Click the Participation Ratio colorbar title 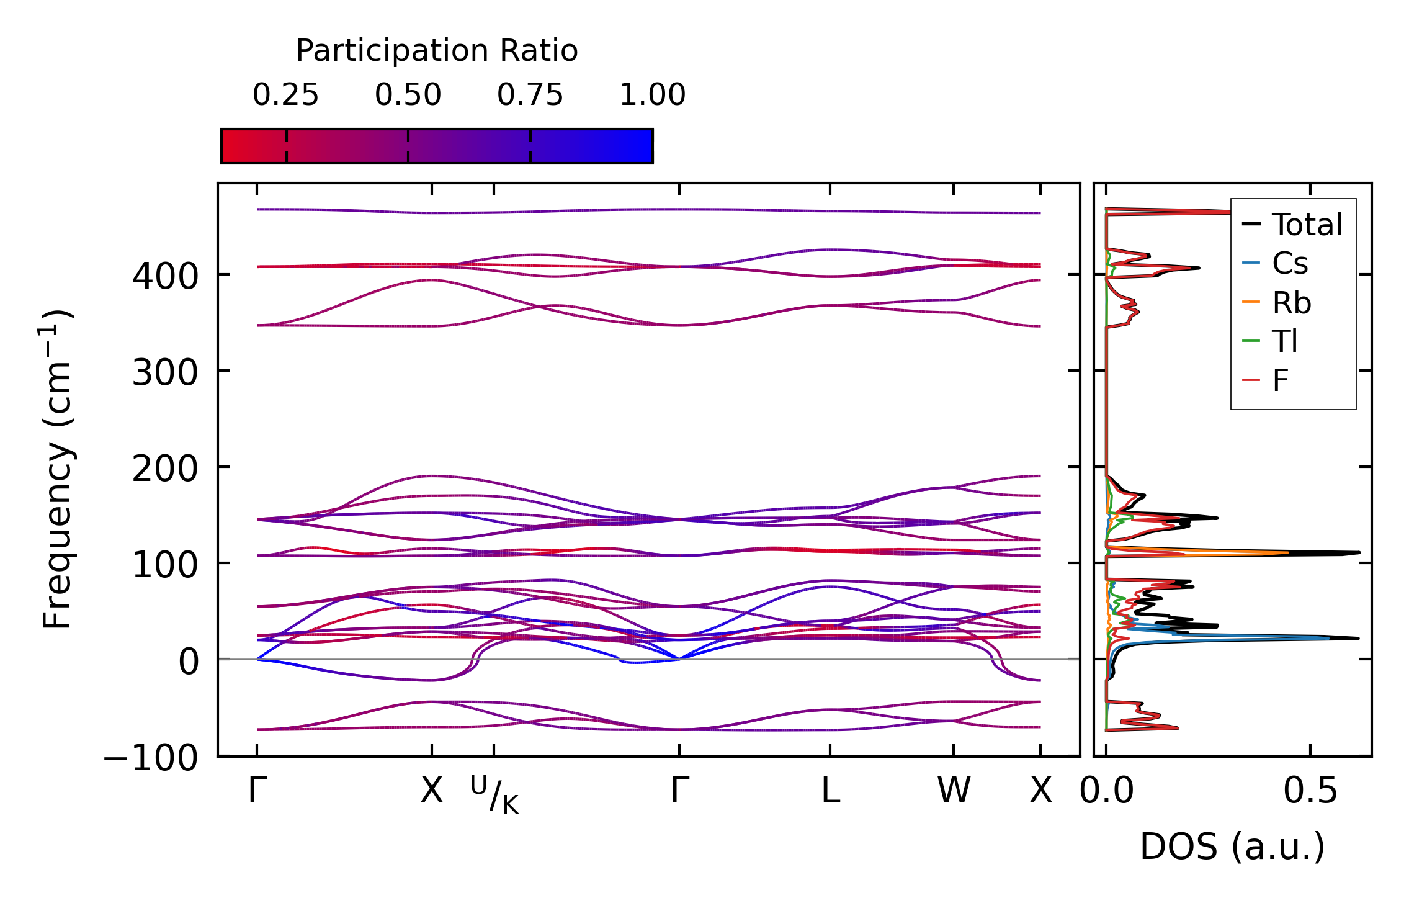tap(436, 51)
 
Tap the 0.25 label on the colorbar tap(285, 95)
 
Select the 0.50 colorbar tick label tap(408, 95)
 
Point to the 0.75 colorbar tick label tap(530, 95)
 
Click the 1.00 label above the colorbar tap(652, 95)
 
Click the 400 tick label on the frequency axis tap(164, 276)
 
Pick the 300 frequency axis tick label tap(164, 373)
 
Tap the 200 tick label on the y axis tap(164, 469)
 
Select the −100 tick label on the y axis tap(151, 758)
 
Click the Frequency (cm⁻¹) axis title tap(57, 469)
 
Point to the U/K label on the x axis tap(494, 794)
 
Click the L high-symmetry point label tap(830, 791)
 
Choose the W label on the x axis tap(954, 791)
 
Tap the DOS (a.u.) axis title tap(1232, 847)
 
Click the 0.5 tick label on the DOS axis tap(1310, 791)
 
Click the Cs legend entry tap(1289, 264)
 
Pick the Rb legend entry tap(1291, 303)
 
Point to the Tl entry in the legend tap(1284, 341)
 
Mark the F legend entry tap(1280, 380)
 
